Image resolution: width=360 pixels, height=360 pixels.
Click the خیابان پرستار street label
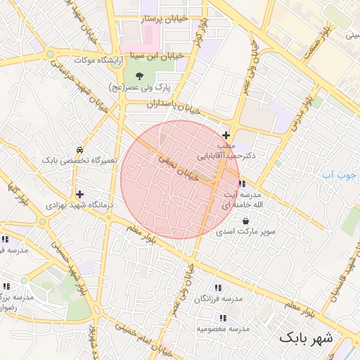tap(166, 20)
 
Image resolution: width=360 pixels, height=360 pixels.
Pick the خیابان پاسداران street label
tap(174, 106)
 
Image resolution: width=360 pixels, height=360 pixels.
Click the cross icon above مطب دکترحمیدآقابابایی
tap(226, 135)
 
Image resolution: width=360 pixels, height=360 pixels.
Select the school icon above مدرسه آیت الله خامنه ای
tap(242, 184)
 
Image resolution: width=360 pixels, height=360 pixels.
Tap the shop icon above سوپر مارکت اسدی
tap(245, 220)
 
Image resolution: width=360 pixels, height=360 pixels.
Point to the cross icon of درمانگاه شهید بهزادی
tap(79, 194)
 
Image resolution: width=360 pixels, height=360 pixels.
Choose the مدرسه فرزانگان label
tap(218, 299)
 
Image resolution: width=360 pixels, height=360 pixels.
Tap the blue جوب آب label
tap(340, 174)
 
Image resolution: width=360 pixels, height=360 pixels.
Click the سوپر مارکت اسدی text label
tap(245, 231)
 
